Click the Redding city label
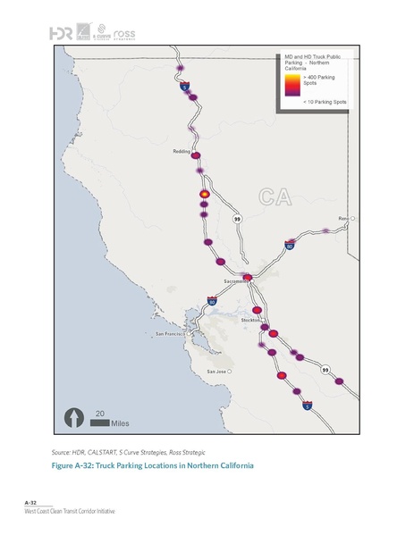[x=182, y=152]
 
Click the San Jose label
[x=217, y=371]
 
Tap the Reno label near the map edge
[x=342, y=217]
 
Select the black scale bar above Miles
[x=97, y=421]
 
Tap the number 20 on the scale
[x=100, y=412]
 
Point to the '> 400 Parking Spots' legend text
[x=320, y=81]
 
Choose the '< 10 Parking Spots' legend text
[x=325, y=103]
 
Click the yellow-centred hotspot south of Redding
[x=204, y=193]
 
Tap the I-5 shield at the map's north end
[x=184, y=88]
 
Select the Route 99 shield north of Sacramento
[x=237, y=219]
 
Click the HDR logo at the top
[x=61, y=33]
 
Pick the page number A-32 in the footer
[x=30, y=505]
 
